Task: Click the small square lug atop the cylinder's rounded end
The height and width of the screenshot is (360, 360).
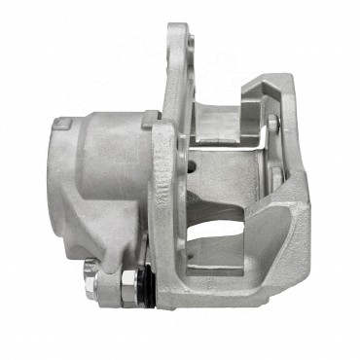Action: [x=62, y=124]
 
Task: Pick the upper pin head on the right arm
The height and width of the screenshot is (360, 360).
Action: [x=272, y=123]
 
